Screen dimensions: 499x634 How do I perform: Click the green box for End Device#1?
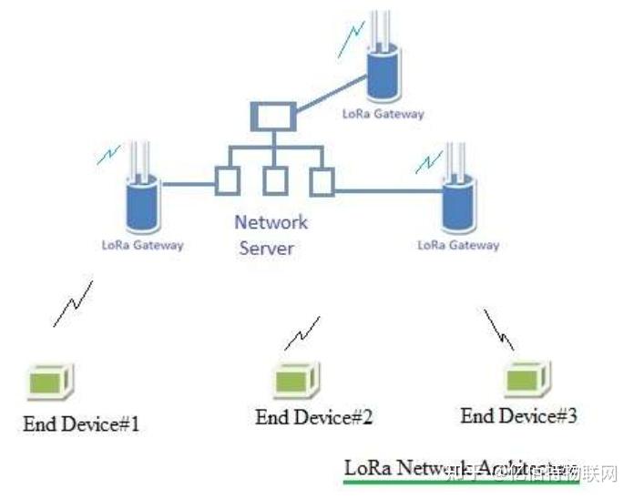(51, 380)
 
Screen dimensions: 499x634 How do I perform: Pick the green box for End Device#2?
(295, 376)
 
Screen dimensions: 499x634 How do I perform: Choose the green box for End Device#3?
(527, 376)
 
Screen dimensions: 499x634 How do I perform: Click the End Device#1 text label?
(82, 423)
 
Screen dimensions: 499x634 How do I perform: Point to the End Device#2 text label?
(313, 417)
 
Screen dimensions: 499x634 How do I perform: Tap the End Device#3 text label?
(518, 416)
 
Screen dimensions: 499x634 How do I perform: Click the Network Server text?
(271, 234)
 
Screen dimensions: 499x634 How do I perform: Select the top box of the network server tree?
(271, 117)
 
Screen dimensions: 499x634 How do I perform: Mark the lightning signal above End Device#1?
(73, 304)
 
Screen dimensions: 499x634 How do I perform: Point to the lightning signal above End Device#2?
(302, 333)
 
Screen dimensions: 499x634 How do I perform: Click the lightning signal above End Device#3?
(497, 330)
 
